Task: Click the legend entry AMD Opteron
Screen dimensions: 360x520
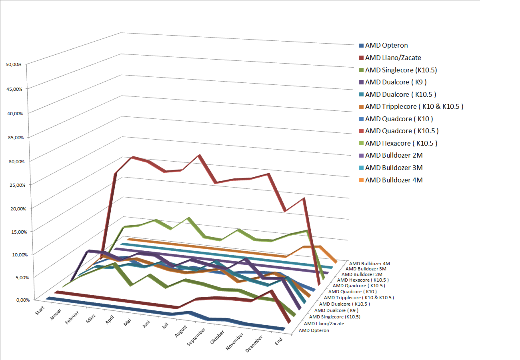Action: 386,46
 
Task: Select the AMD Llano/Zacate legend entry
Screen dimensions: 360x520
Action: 393,58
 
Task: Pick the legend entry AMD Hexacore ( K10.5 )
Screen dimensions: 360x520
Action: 401,143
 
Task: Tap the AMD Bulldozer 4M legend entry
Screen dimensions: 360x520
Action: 394,180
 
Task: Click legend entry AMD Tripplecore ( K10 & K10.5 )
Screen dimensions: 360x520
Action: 414,106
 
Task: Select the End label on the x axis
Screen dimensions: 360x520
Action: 278,341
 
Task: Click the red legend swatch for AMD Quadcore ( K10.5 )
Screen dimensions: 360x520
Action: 362,131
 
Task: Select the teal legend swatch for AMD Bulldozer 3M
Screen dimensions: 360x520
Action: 362,168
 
